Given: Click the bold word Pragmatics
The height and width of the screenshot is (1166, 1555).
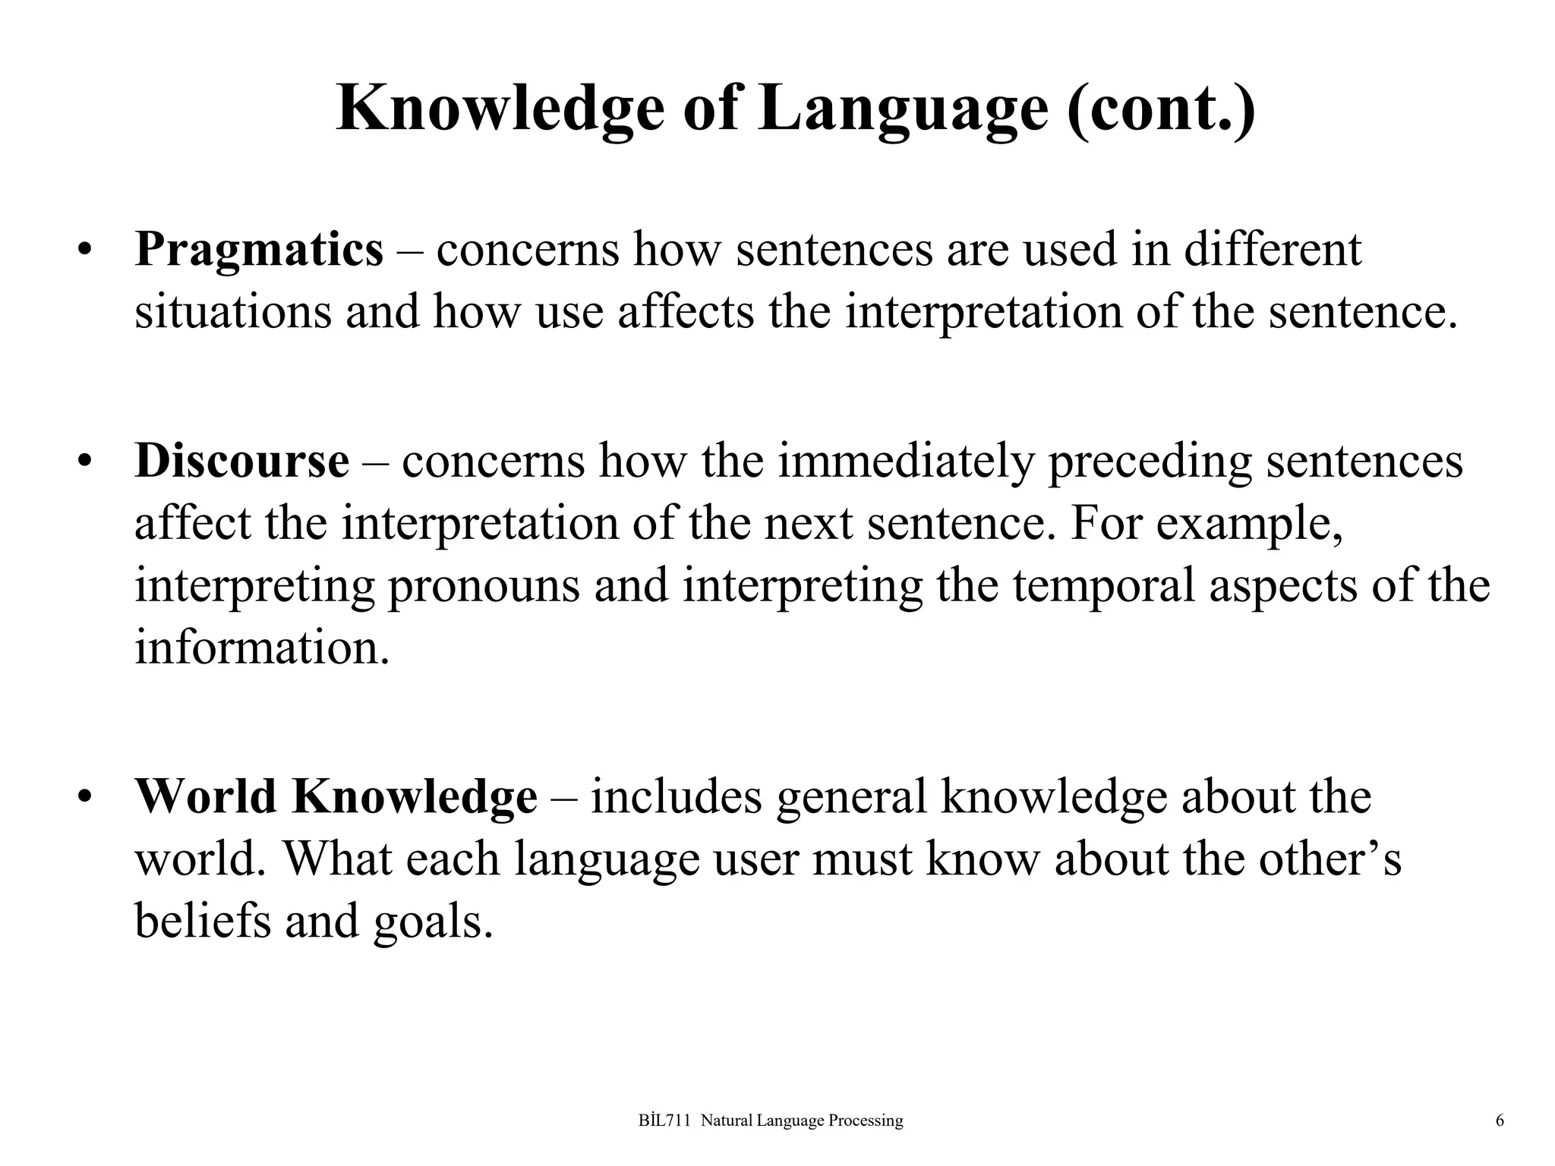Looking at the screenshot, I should point(259,250).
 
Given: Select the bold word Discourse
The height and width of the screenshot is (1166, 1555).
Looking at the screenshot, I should point(241,461).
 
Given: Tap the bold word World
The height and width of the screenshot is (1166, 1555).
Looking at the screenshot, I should point(206,796).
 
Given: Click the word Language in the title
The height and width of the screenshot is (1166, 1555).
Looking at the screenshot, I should point(903,109).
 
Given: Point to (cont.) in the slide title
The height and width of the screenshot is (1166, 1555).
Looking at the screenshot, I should point(1161,109).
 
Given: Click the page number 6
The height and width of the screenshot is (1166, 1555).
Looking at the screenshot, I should point(1500,1120).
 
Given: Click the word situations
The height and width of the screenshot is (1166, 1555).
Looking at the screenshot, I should point(233,312).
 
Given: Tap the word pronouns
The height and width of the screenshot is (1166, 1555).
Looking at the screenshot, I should point(484,585).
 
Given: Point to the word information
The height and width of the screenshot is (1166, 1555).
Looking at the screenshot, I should point(262,648).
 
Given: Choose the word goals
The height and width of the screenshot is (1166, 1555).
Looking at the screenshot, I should point(433,922).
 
